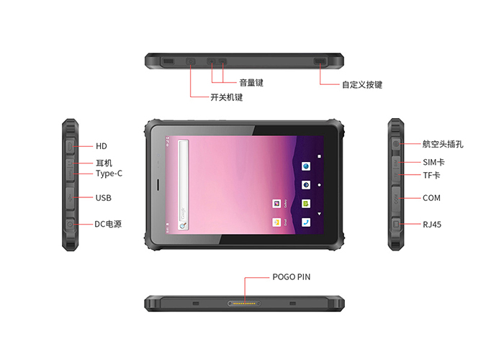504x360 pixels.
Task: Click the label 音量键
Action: coord(251,83)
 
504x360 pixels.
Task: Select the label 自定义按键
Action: coord(361,84)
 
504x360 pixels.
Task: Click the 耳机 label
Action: coord(104,163)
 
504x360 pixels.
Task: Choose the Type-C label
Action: coord(109,174)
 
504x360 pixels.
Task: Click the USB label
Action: coord(103,197)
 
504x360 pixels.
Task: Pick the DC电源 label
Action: coord(108,224)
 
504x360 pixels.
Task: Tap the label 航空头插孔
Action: coord(443,144)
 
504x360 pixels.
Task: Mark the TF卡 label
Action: coord(431,175)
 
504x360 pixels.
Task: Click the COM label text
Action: coord(431,197)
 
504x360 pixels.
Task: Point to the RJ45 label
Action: coord(432,225)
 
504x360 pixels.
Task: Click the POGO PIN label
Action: coord(292,276)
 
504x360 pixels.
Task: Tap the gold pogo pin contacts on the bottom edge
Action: coord(244,305)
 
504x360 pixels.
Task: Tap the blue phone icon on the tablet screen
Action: coord(306,222)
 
